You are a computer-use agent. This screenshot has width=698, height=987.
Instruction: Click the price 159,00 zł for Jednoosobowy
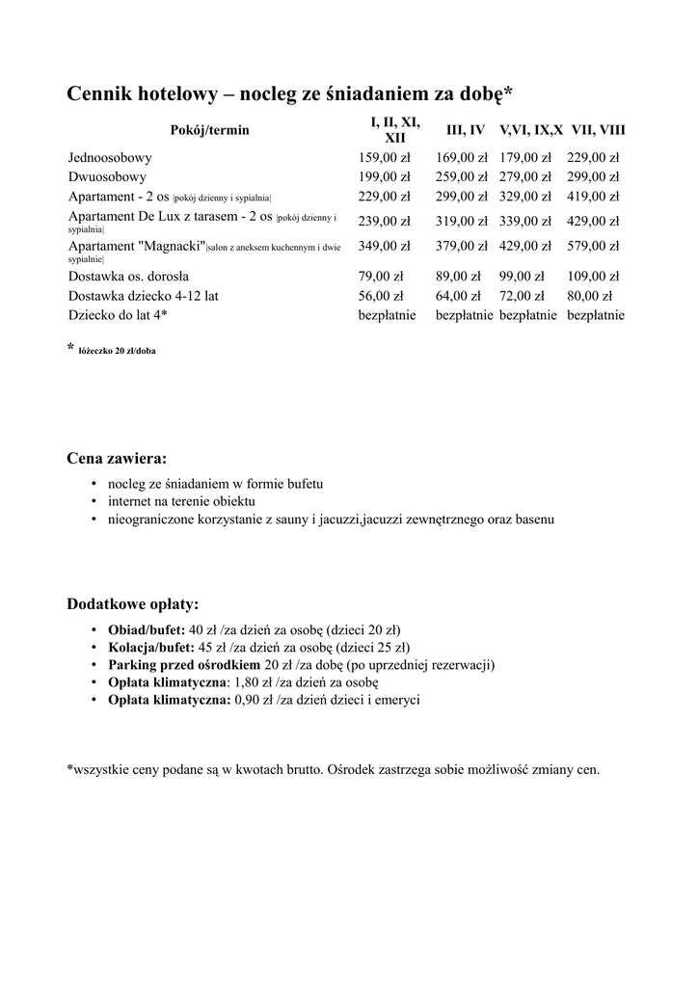(384, 157)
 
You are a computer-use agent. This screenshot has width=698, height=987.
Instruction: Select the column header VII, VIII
(598, 129)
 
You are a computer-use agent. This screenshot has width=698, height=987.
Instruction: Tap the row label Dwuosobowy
(107, 177)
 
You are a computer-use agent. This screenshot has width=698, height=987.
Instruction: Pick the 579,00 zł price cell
(593, 246)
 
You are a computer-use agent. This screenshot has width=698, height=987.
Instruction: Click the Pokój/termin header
(209, 130)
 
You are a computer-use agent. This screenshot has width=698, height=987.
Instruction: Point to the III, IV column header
(465, 129)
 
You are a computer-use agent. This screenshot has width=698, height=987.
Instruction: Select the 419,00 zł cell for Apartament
(593, 197)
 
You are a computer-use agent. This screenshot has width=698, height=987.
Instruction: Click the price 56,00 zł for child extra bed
(380, 296)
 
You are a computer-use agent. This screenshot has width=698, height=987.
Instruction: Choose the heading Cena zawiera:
(116, 458)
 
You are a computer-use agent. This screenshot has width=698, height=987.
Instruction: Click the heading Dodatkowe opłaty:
(132, 604)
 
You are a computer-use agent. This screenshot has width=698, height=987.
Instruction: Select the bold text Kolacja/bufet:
(150, 648)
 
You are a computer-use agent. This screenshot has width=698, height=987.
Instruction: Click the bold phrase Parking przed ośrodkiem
(184, 665)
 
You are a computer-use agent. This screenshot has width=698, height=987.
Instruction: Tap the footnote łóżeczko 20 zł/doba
(117, 351)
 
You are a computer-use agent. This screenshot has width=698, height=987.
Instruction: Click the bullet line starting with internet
(181, 502)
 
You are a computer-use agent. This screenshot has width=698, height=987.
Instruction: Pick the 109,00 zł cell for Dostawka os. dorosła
(593, 277)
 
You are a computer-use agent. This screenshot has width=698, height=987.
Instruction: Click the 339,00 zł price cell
(525, 221)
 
